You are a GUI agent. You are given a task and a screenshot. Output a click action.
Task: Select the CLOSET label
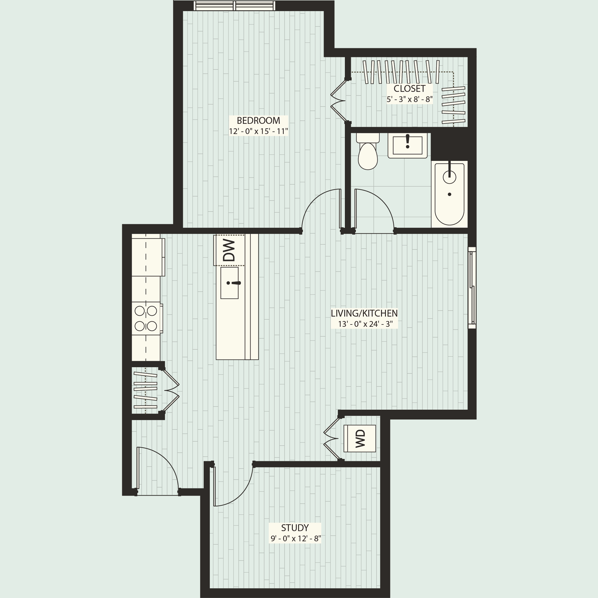[409, 89]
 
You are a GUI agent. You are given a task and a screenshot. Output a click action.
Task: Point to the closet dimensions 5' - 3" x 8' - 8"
[409, 99]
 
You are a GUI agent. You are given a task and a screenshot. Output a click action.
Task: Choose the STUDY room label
[295, 528]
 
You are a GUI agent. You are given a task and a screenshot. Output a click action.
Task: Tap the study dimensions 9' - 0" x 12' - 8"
[296, 538]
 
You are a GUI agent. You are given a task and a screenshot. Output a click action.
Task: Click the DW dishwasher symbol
[229, 250]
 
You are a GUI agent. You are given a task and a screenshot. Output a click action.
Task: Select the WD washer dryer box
[360, 439]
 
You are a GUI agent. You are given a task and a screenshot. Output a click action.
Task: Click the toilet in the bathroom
[368, 153]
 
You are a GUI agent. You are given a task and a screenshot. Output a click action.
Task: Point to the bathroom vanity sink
[407, 145]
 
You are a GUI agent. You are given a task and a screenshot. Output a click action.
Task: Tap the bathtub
[449, 194]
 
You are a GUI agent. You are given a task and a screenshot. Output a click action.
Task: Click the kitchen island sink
[229, 283]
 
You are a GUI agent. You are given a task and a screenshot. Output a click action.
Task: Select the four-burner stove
[146, 318]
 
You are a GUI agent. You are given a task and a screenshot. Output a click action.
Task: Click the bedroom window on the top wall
[234, 6]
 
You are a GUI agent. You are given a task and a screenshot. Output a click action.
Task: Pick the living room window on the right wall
[472, 288]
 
